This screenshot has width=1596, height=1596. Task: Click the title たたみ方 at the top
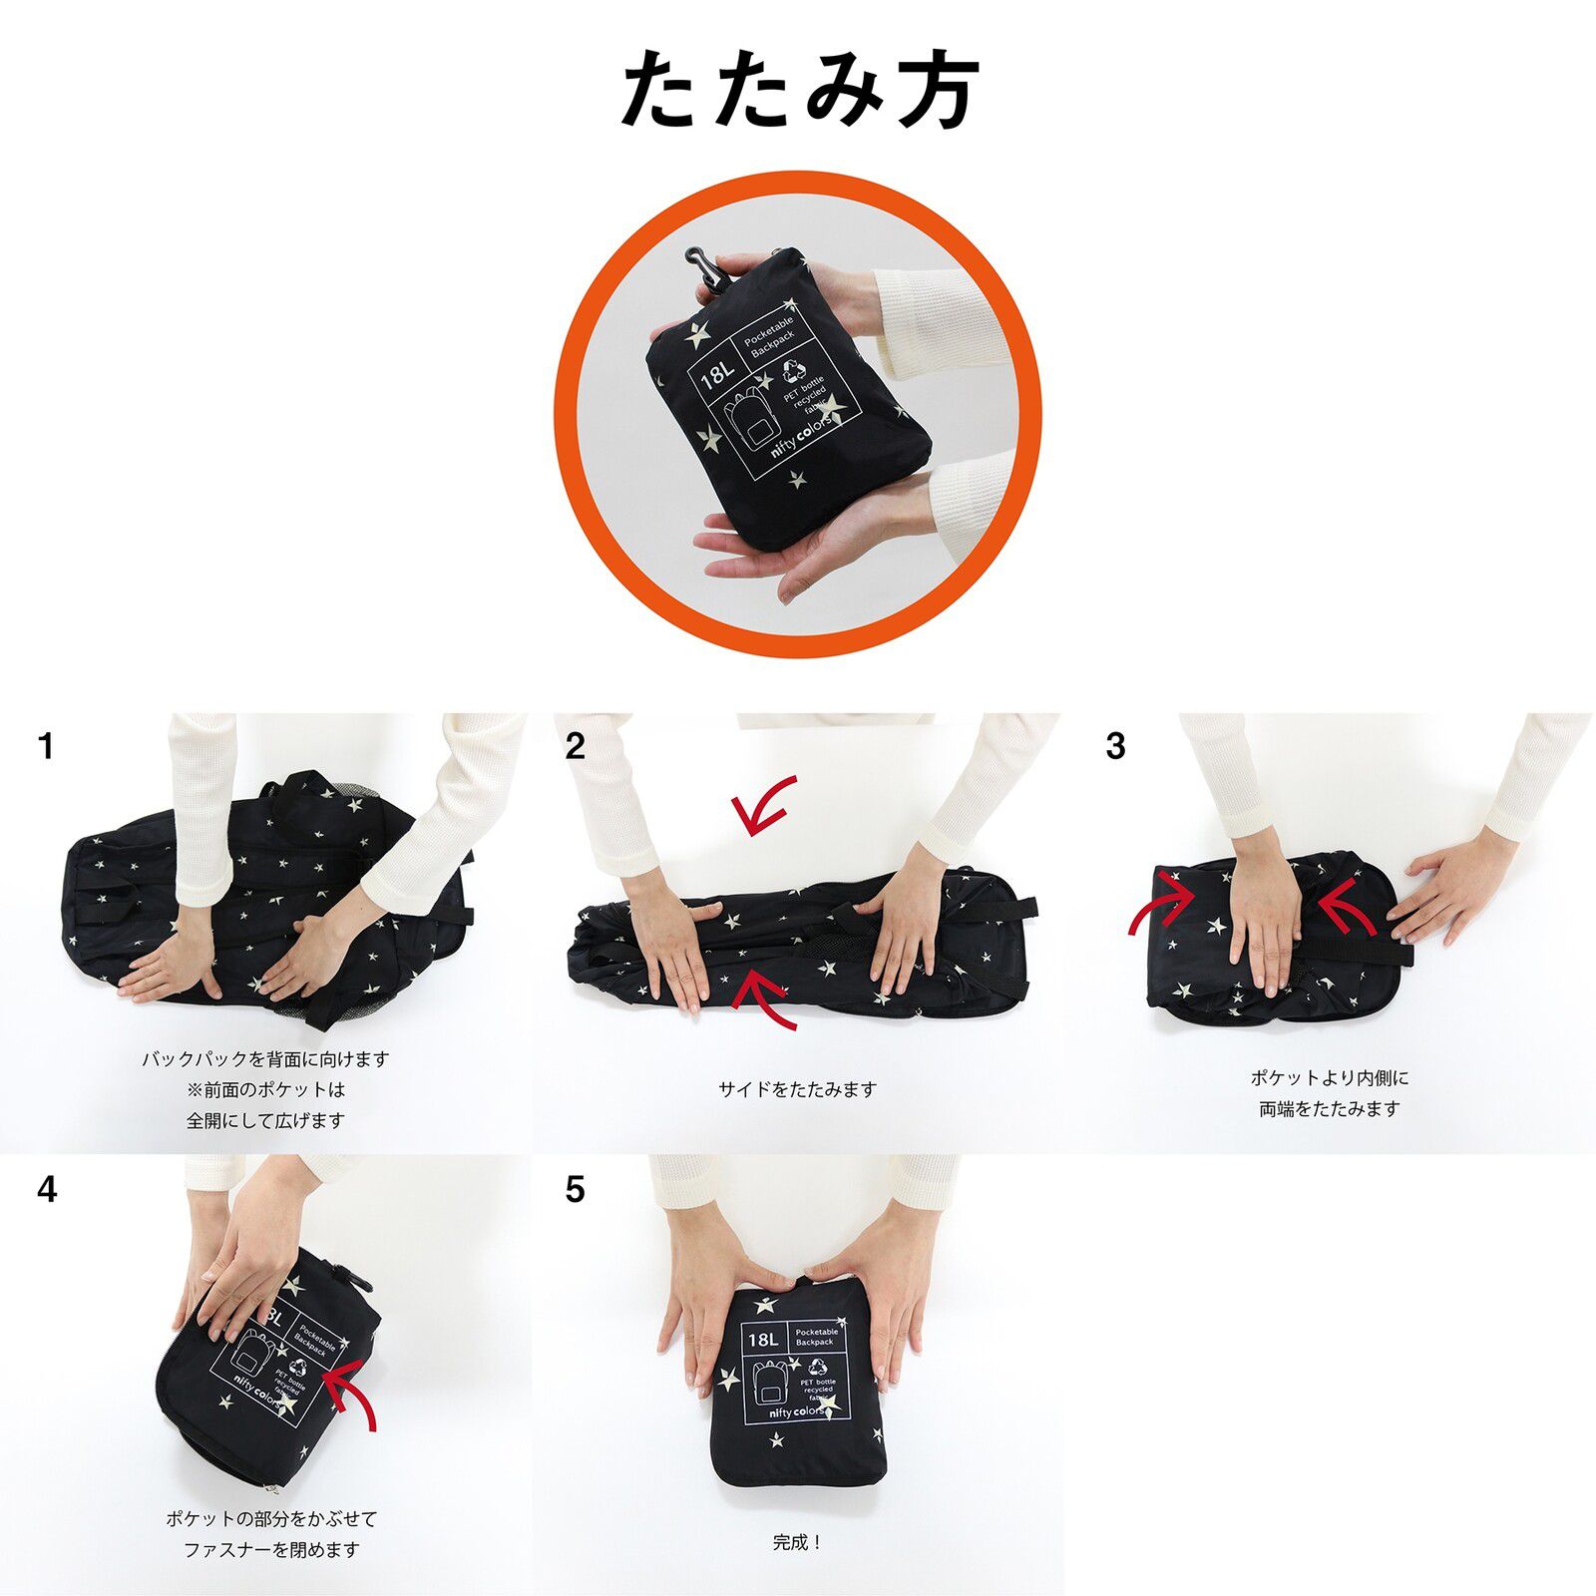[x=799, y=90]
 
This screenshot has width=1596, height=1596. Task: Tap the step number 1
[x=45, y=746]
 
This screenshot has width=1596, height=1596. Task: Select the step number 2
[x=575, y=746]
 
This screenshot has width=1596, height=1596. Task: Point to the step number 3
[x=1115, y=746]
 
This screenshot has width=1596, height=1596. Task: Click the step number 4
[x=47, y=1190]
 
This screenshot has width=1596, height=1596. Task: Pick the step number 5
[x=575, y=1190]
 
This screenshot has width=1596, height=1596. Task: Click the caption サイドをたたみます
[x=797, y=1089]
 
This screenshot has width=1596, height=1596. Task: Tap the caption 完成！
[x=797, y=1542]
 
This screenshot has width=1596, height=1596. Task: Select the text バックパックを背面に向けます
[x=265, y=1059]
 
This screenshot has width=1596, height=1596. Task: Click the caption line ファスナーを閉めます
[x=271, y=1549]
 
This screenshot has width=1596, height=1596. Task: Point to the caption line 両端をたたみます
[x=1330, y=1108]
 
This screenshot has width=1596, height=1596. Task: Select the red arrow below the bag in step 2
[x=766, y=999]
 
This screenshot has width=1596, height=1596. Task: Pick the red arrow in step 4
[x=354, y=1394]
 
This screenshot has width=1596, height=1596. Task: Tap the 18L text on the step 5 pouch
[x=762, y=1339]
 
